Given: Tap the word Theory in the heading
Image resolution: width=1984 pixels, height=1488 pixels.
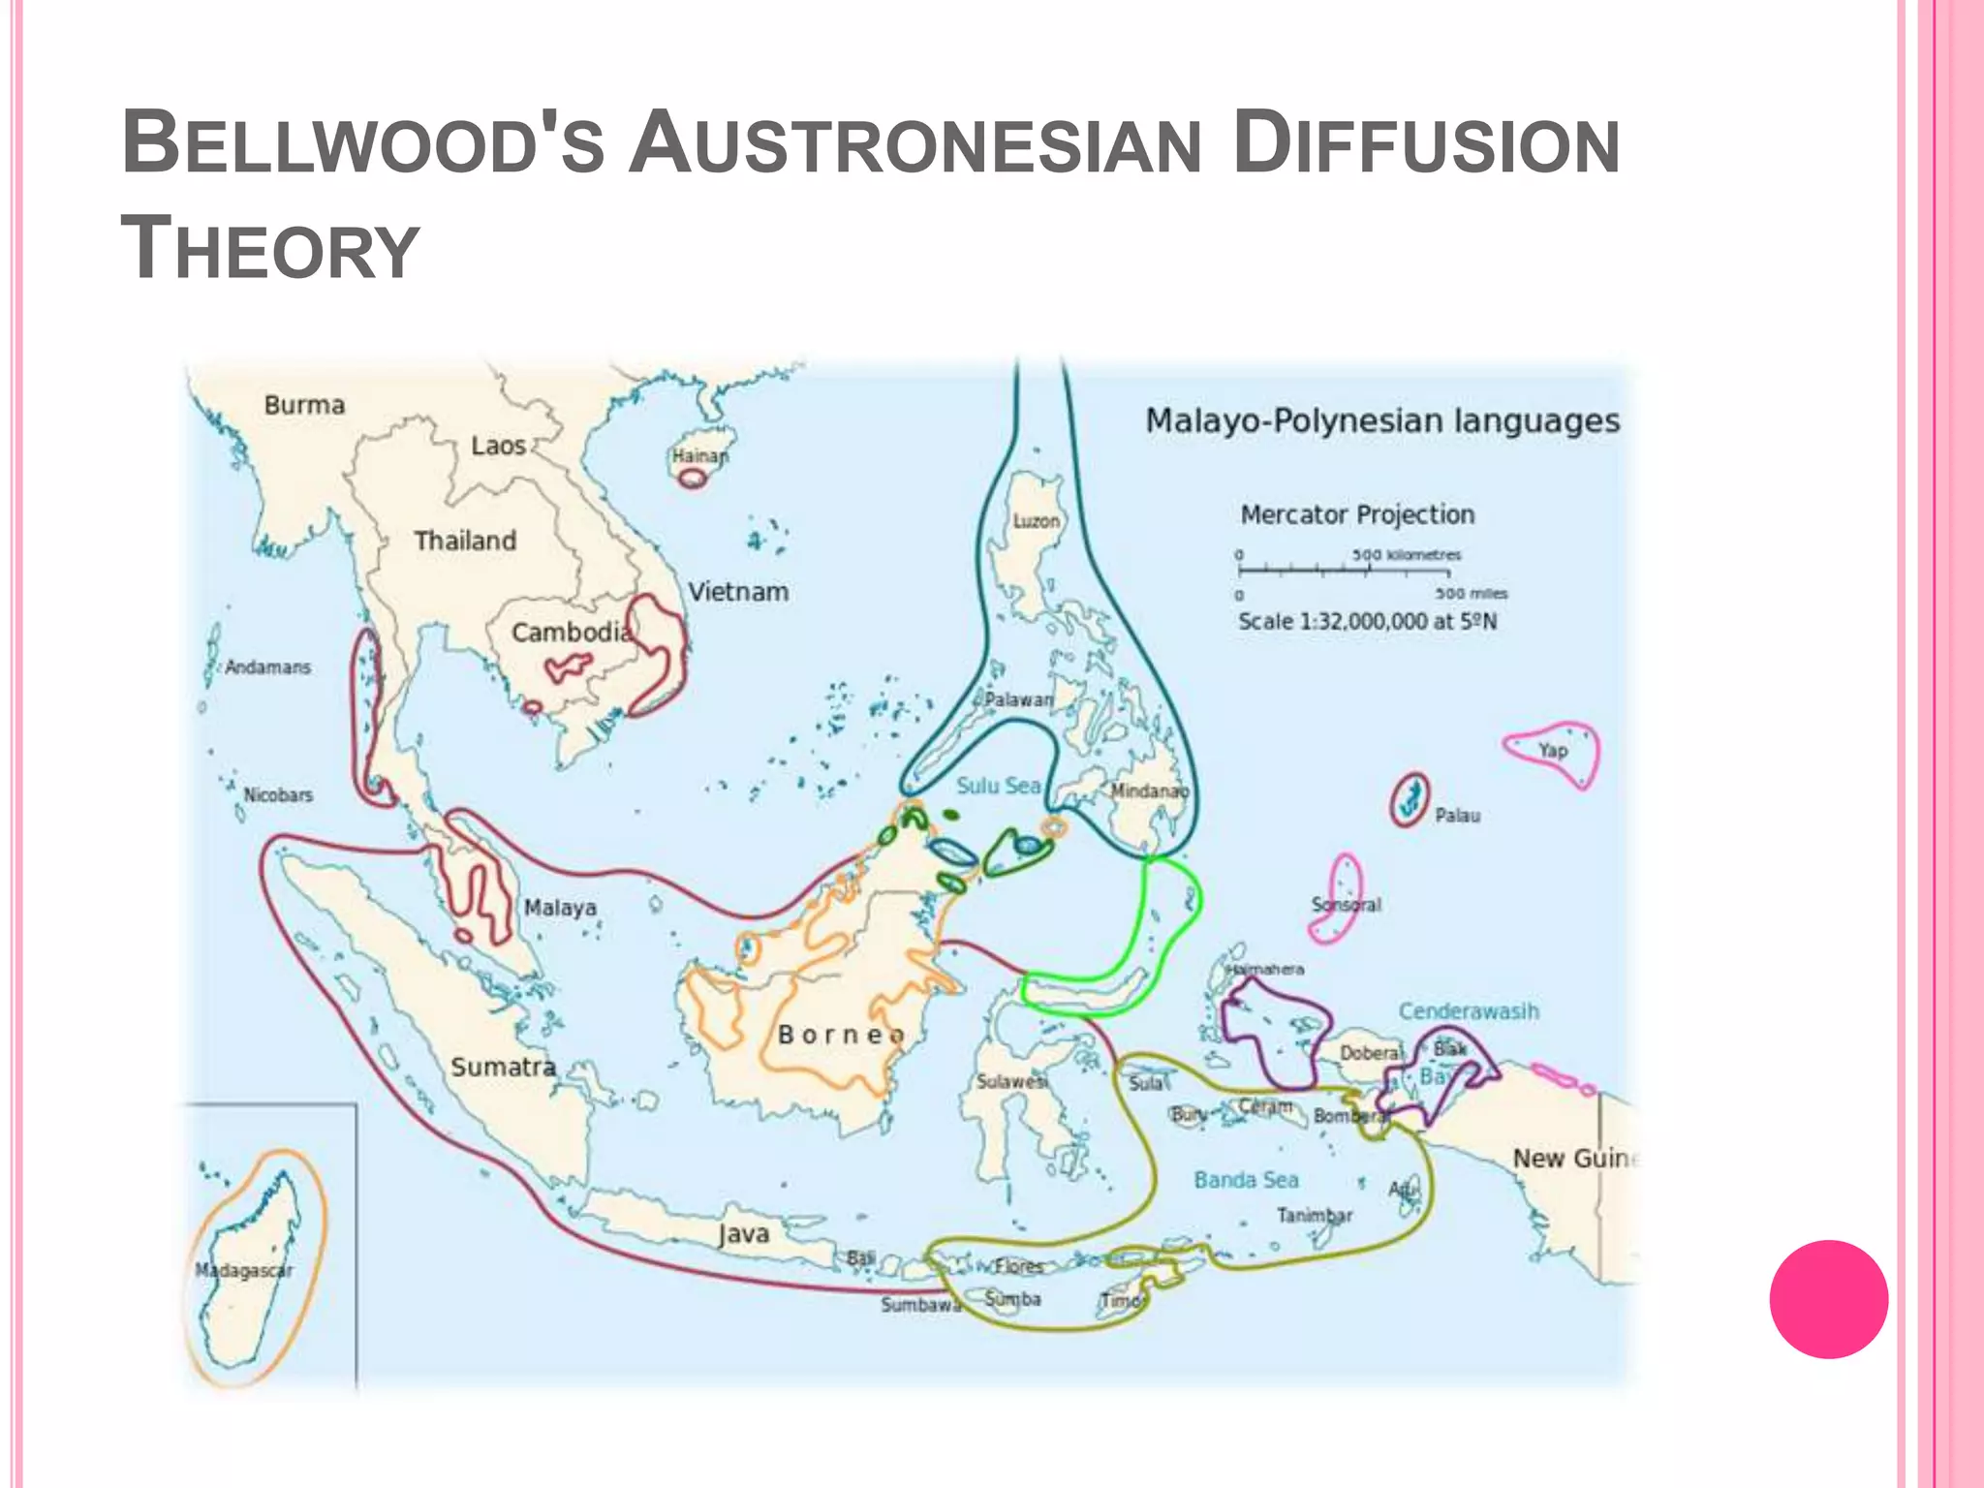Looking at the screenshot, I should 270,249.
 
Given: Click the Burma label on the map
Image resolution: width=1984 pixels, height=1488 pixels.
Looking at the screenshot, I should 304,405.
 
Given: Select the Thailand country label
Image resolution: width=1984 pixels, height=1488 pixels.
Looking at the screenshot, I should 465,541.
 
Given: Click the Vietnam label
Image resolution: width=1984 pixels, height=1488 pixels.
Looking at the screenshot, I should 738,592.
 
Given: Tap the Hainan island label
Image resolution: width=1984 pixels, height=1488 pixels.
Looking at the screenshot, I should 699,455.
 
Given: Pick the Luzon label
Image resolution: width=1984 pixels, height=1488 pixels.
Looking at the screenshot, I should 1036,521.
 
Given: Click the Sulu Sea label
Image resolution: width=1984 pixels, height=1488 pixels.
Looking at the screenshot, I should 998,786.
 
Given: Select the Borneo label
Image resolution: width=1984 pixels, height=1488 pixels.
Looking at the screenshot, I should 841,1035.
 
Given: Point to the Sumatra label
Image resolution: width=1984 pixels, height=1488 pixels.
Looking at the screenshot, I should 503,1067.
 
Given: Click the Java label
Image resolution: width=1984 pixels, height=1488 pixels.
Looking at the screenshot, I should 744,1234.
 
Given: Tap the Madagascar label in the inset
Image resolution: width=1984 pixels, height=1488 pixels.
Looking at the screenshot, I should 243,1270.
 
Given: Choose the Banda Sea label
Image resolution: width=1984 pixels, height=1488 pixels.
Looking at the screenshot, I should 1246,1180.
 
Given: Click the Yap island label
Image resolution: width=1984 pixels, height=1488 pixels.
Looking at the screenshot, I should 1553,751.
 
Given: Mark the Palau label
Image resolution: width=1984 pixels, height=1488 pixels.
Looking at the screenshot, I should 1457,816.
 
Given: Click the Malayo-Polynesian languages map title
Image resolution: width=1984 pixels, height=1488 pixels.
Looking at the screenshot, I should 1382,421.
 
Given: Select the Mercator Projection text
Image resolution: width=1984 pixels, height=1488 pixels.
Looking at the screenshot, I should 1357,514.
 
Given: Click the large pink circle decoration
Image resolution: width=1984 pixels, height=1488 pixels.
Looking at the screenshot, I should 1828,1299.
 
